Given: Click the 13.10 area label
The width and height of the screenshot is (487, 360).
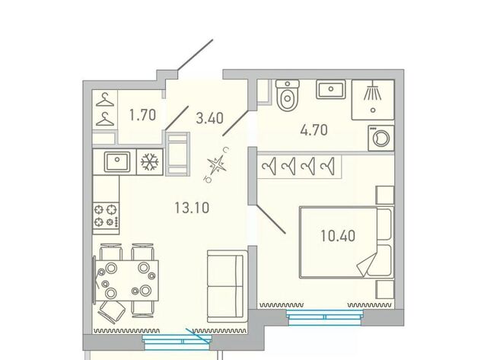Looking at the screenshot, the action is click(x=192, y=208).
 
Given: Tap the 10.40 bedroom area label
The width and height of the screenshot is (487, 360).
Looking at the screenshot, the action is click(x=338, y=236).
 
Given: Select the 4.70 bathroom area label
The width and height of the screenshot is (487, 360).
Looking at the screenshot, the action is click(x=314, y=130).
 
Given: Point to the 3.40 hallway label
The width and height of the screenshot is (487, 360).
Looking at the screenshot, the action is click(x=210, y=118).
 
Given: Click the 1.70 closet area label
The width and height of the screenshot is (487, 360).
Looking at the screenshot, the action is click(x=142, y=115).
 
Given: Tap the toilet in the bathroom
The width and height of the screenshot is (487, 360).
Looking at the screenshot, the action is click(x=288, y=95).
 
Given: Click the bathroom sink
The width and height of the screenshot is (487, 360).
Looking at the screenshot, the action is click(x=331, y=89).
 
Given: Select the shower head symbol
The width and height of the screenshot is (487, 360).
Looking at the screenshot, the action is click(x=373, y=91).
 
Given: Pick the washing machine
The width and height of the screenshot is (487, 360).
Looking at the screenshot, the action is click(x=381, y=139).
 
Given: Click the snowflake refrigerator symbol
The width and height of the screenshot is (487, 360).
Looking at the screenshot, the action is click(x=150, y=161).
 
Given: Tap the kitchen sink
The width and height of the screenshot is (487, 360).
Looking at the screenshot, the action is click(x=117, y=161).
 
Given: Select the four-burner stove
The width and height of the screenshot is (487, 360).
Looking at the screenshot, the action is click(x=106, y=215).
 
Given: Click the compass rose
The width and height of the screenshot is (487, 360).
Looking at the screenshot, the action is click(x=217, y=165).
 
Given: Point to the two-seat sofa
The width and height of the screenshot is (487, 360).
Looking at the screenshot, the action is click(x=227, y=286).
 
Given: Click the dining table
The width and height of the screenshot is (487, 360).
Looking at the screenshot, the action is click(x=127, y=281).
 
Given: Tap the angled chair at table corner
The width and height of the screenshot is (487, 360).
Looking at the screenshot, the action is click(x=111, y=312).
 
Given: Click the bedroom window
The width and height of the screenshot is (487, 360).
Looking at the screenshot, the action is click(x=325, y=317).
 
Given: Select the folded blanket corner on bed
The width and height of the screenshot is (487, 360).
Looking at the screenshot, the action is click(x=368, y=264).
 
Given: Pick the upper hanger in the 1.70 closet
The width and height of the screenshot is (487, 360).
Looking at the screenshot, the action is click(x=105, y=99).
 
